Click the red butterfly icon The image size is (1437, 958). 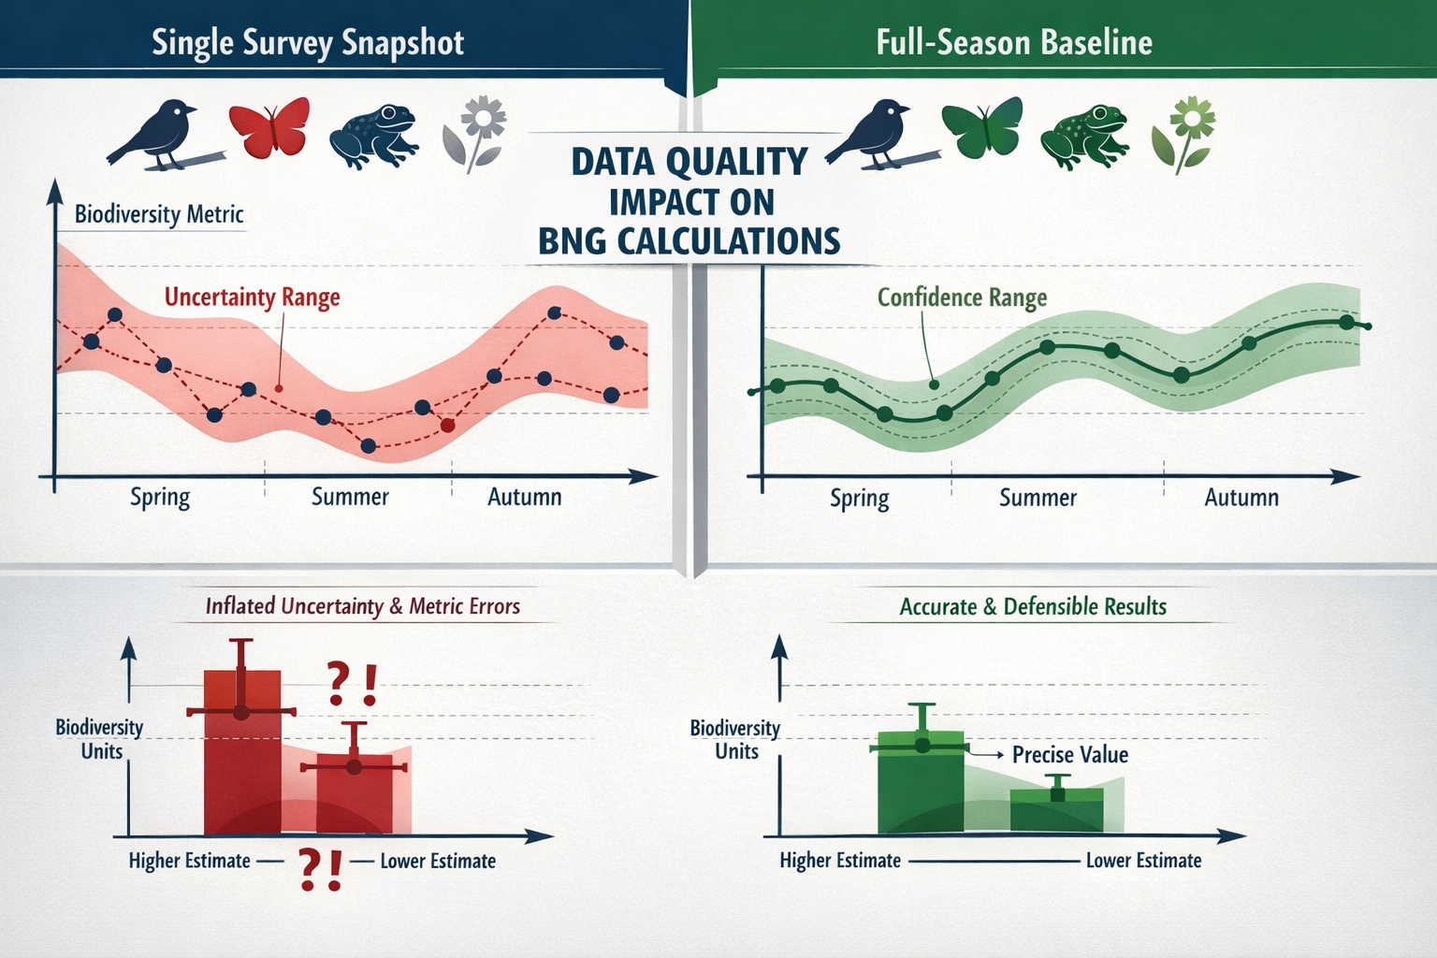click(x=269, y=127)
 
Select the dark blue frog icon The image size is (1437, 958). click(x=373, y=137)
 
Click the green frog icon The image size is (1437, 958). click(x=1084, y=137)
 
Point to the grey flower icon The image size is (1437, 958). click(x=475, y=134)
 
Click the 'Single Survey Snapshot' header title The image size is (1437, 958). click(x=308, y=43)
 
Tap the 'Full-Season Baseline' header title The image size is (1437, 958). click(x=1014, y=43)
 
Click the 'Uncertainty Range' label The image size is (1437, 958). click(x=252, y=298)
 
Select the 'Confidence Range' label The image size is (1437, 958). click(x=962, y=298)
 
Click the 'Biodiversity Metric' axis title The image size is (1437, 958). click(x=159, y=214)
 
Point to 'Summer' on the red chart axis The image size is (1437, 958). click(x=350, y=497)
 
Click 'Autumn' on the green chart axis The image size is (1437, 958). click(x=1241, y=498)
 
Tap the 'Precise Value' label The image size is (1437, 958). click(x=1069, y=755)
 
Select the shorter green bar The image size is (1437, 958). click(x=1057, y=810)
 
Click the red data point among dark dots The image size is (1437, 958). click(x=447, y=426)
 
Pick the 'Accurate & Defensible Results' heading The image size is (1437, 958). click(x=1033, y=607)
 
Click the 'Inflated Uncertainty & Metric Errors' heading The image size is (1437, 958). click(x=362, y=606)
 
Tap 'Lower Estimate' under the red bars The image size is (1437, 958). click(x=438, y=862)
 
